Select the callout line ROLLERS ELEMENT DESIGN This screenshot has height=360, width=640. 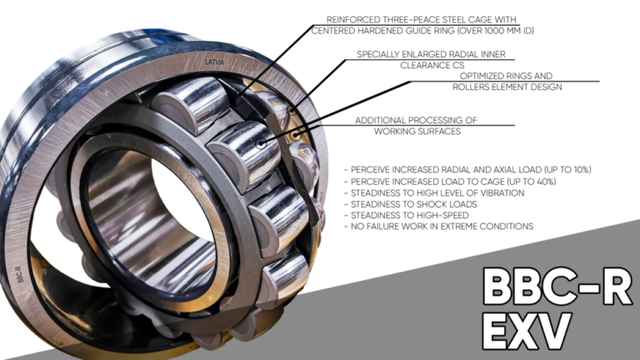[x=507, y=87]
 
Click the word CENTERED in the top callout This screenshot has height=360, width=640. [x=337, y=31]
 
